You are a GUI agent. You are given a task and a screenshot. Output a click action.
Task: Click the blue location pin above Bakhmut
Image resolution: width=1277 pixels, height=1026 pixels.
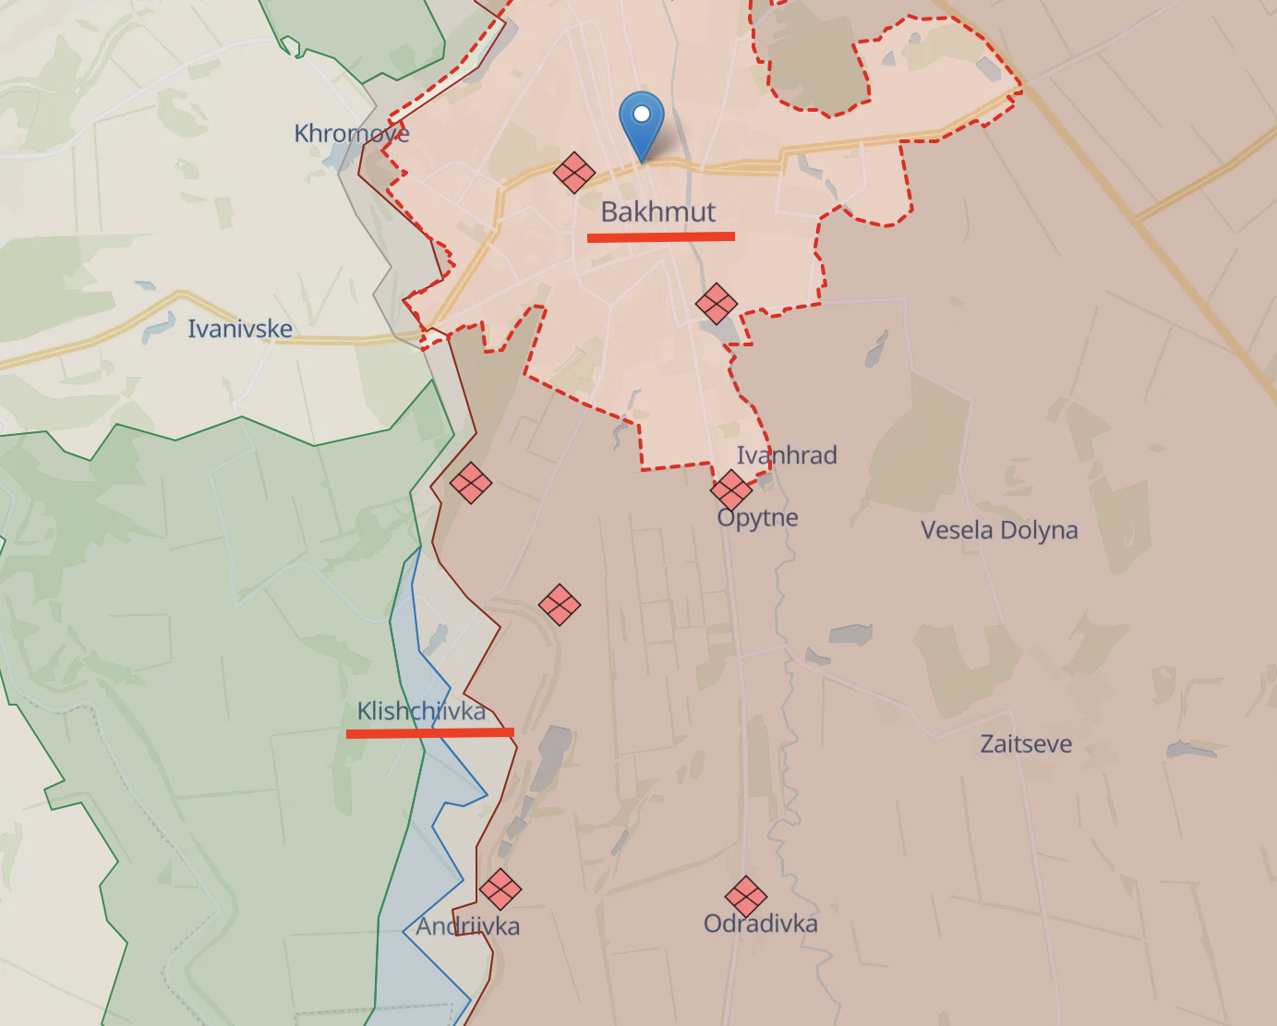(641, 121)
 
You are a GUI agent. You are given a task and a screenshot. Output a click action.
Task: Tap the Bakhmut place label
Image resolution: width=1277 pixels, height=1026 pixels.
(658, 211)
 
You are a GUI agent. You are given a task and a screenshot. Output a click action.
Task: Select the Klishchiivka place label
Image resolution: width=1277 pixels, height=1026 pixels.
(421, 711)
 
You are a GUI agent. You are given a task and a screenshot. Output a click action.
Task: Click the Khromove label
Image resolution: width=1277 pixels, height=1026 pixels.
(351, 134)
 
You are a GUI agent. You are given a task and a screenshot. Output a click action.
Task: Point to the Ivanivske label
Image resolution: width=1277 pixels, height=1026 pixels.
(240, 329)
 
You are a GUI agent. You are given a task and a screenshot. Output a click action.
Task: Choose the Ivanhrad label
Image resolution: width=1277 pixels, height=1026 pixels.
(787, 455)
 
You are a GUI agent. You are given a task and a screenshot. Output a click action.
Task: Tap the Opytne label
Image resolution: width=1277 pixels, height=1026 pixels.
(758, 517)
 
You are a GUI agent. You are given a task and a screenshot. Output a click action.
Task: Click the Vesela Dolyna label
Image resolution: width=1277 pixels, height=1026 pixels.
(999, 530)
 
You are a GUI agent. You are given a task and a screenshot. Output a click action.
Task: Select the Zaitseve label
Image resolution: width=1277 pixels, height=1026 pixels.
(1026, 744)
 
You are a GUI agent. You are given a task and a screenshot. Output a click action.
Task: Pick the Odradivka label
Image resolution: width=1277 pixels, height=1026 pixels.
(761, 923)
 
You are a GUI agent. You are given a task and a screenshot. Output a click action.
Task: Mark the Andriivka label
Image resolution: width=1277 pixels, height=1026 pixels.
(467, 926)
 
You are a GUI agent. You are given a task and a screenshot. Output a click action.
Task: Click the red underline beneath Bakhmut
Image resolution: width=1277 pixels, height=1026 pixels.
(661, 237)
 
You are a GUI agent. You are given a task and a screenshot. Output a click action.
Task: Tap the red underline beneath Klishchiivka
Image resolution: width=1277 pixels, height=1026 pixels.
(430, 733)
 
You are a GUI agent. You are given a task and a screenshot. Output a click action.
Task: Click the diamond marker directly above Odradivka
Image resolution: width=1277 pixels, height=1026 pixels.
(746, 897)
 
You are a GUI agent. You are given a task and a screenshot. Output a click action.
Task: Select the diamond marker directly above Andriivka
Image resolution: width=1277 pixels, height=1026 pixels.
(500, 889)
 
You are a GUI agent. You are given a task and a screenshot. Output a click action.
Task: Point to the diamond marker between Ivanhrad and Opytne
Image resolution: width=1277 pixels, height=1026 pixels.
(731, 489)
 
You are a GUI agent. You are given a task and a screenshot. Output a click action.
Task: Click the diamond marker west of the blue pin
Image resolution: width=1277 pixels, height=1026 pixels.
(574, 173)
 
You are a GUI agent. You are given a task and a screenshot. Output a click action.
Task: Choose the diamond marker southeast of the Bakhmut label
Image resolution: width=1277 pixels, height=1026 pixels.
(717, 304)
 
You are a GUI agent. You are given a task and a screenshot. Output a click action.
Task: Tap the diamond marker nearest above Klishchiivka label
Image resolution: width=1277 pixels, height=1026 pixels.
(560, 605)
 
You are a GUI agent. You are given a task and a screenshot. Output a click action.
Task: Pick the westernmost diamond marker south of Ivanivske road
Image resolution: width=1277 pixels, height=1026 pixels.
(471, 483)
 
